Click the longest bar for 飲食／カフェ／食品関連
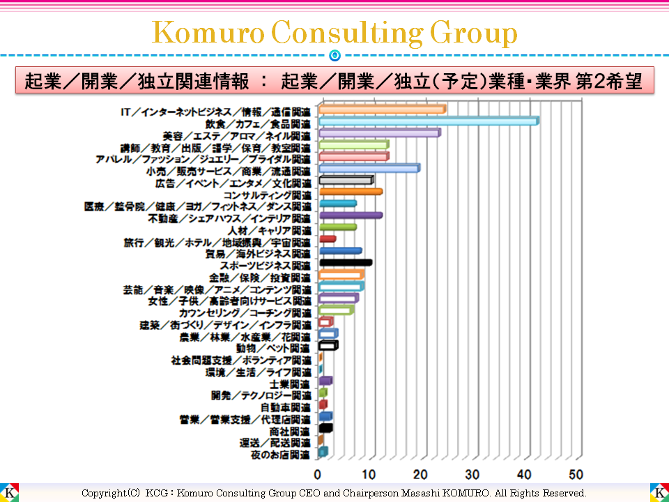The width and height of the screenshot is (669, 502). [428, 121]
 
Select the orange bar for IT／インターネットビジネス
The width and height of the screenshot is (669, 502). [382, 109]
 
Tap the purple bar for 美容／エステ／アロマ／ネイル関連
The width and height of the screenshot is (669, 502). [379, 132]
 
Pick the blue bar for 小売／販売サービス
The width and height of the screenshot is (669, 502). [369, 168]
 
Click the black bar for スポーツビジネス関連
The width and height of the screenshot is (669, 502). [345, 263]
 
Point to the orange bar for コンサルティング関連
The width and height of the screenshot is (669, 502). [350, 192]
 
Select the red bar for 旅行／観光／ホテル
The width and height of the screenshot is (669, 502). [327, 239]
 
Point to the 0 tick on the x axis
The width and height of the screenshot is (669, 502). [318, 475]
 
